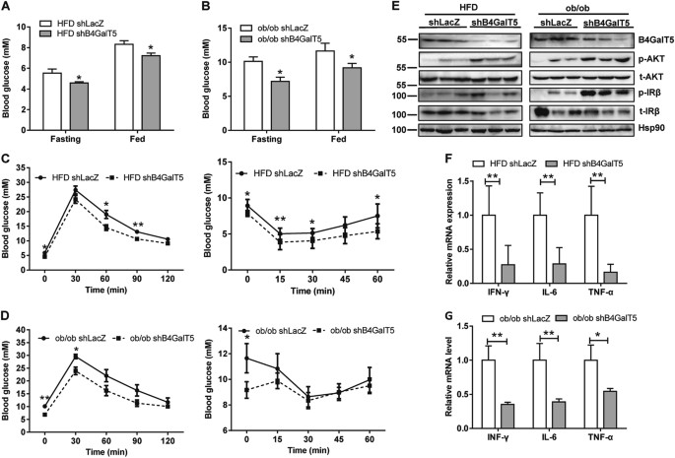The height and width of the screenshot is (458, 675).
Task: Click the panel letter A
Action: tap(8, 8)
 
